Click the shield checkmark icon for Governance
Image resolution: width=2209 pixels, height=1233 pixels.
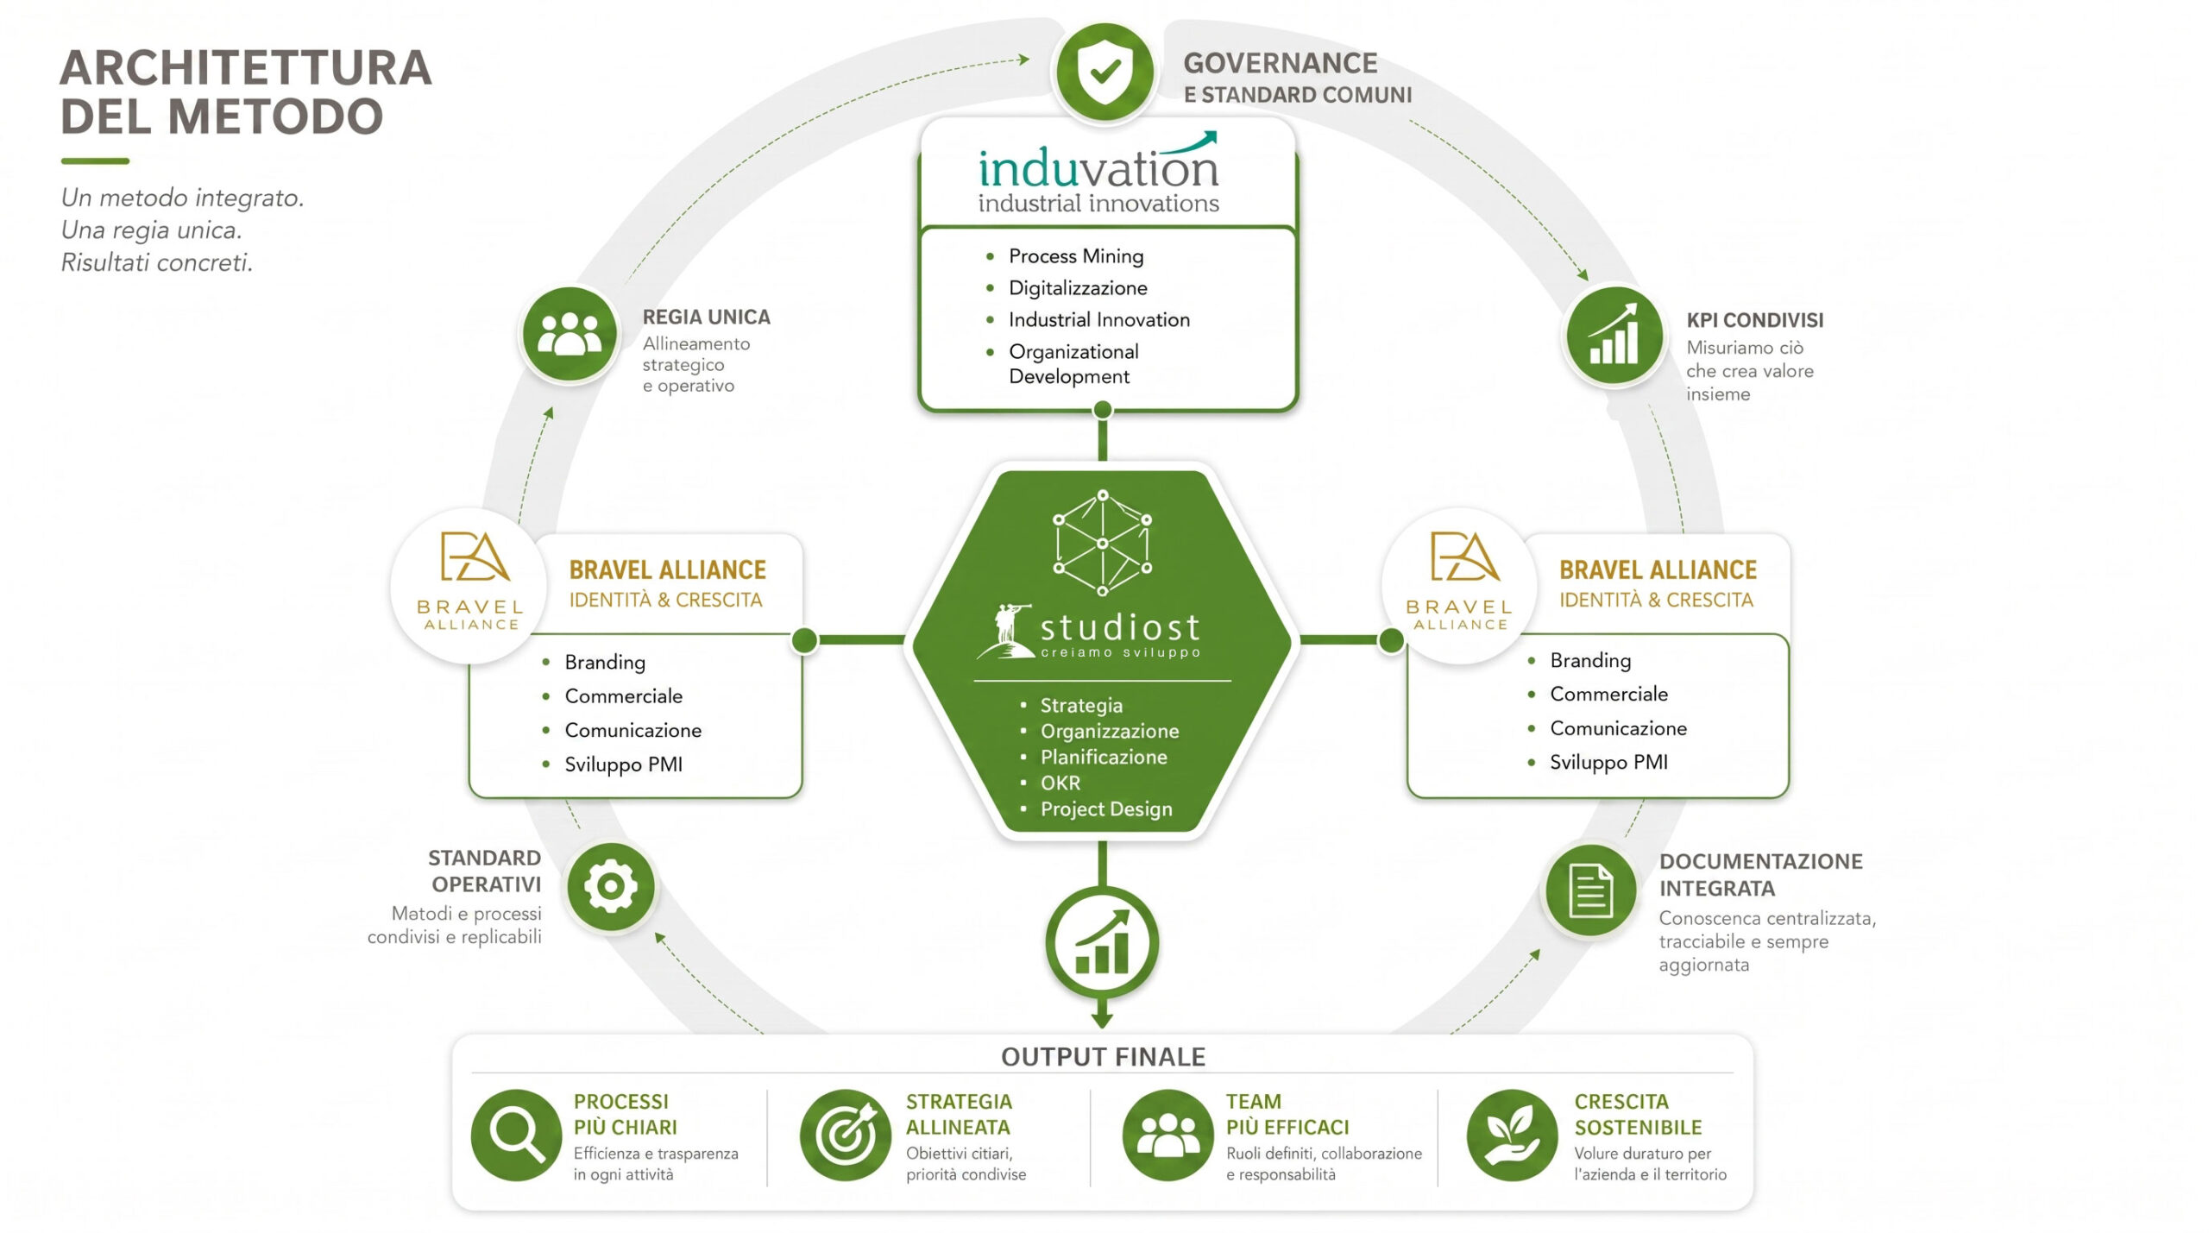[x=1104, y=72]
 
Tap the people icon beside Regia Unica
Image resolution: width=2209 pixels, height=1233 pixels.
[x=570, y=334]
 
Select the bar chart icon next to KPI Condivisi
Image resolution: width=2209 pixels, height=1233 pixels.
[x=1614, y=335]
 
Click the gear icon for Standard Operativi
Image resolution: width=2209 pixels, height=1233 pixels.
[x=611, y=886]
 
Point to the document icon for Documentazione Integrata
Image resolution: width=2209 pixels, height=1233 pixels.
[x=1590, y=890]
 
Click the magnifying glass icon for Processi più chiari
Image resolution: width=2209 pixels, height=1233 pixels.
[x=516, y=1135]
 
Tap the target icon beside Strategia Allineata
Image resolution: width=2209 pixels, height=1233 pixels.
[x=845, y=1135]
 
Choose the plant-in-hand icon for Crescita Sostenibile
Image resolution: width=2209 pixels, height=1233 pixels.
[x=1512, y=1135]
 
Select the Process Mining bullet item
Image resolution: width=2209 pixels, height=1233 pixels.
[x=1076, y=256]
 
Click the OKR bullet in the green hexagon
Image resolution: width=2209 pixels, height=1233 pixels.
[x=1060, y=783]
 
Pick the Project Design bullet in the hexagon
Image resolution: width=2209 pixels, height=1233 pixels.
[x=1106, y=808]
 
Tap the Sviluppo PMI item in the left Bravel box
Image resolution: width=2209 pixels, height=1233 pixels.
[x=623, y=764]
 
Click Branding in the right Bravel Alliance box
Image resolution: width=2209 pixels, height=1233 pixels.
[x=1590, y=660]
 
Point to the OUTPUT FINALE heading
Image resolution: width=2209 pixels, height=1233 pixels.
[x=1103, y=1056]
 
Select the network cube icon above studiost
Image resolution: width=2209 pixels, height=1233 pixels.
[x=1102, y=543]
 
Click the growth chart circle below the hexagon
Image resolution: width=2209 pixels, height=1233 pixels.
[x=1102, y=942]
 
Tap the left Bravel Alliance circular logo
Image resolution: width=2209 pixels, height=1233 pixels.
[x=471, y=587]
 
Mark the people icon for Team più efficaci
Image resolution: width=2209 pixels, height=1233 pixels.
[x=1167, y=1135]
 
